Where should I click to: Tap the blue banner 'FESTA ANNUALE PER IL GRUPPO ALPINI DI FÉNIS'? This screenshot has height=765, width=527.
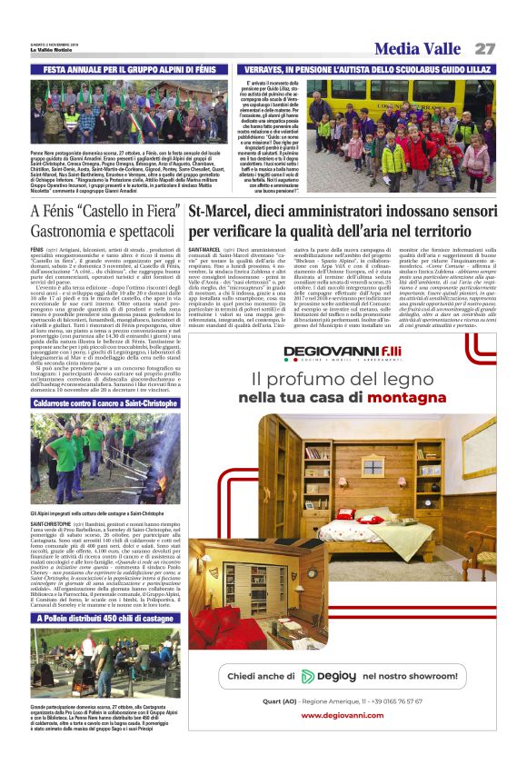[129, 68]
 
